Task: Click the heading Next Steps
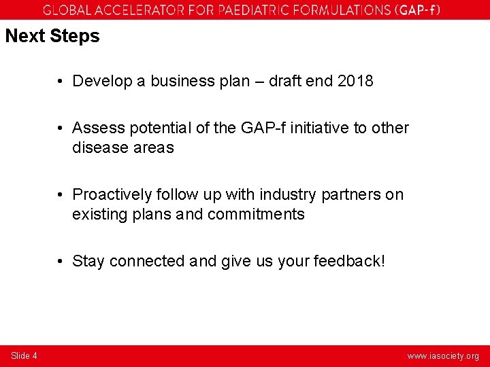[52, 36]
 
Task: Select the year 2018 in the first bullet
[355, 81]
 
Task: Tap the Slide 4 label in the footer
[24, 355]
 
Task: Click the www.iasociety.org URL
[443, 356]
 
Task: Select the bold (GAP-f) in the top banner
[417, 10]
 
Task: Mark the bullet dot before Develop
[61, 81]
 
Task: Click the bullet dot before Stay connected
[61, 261]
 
